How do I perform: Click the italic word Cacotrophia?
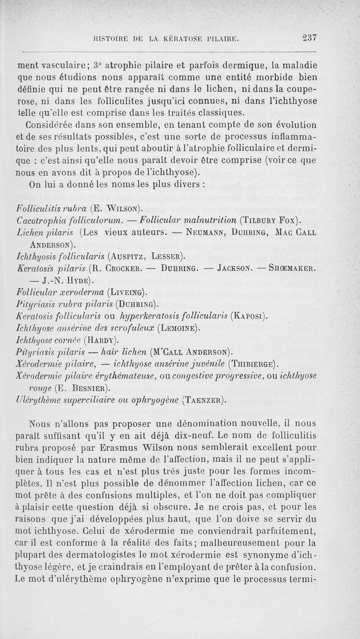coord(42,220)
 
